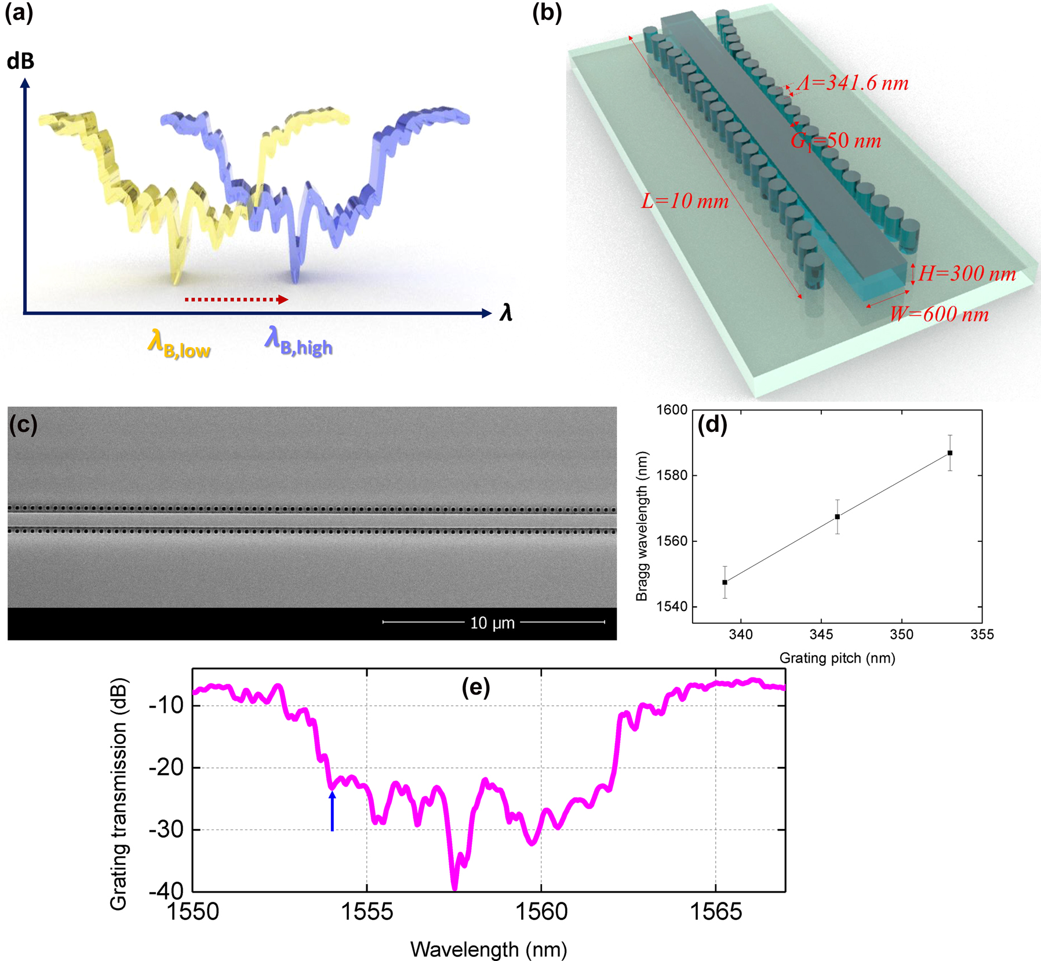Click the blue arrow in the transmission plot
(x=332, y=811)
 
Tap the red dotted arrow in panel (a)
(x=236, y=299)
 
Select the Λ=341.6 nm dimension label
(x=853, y=83)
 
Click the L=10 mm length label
(x=685, y=201)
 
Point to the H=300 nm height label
(x=967, y=274)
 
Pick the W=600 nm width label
(x=939, y=314)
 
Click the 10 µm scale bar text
(x=492, y=623)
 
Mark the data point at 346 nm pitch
(x=837, y=516)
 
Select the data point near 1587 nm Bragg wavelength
(x=950, y=453)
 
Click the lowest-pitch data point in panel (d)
(x=725, y=582)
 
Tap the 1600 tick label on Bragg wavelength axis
(x=671, y=410)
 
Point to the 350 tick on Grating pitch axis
(x=901, y=634)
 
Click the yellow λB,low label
(x=179, y=344)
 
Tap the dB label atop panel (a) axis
(x=20, y=61)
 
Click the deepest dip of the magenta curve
(x=454, y=887)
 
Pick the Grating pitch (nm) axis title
(x=837, y=658)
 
